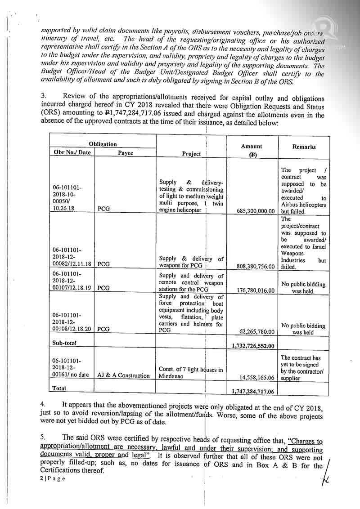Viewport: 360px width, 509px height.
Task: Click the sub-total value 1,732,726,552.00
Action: pyautogui.click(x=253, y=345)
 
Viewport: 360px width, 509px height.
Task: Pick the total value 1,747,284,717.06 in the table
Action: pyautogui.click(x=253, y=392)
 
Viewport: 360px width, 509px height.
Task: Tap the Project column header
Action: pyautogui.click(x=191, y=153)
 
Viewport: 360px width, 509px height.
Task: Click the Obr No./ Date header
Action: pyautogui.click(x=72, y=152)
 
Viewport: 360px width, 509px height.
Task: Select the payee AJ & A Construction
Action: pyautogui.click(x=124, y=375)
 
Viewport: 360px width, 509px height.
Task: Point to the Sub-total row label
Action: pyautogui.click(x=64, y=343)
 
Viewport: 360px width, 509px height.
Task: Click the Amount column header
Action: pyautogui.click(x=251, y=147)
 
